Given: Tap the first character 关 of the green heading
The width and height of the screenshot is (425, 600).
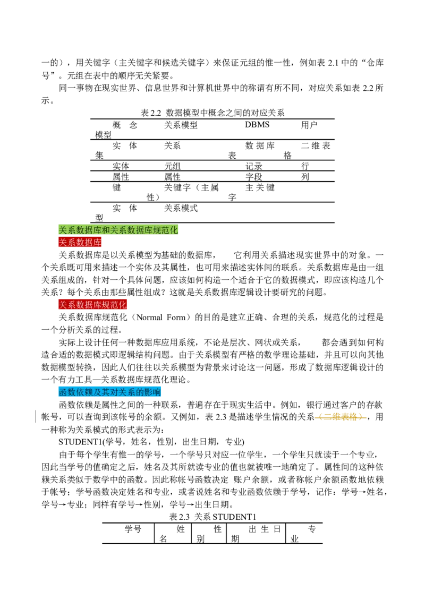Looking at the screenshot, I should click(63, 230).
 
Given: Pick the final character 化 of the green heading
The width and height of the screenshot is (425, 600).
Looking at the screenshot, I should click(174, 230).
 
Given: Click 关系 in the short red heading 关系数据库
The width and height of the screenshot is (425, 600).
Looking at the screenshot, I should click(67, 243).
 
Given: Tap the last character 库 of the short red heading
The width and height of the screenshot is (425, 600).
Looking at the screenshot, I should click(97, 243).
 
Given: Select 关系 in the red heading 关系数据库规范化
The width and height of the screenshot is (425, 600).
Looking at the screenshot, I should click(67, 305).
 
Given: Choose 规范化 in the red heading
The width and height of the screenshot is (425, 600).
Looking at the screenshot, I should click(114, 305).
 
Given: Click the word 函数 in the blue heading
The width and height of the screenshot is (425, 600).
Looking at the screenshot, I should click(67, 392).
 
